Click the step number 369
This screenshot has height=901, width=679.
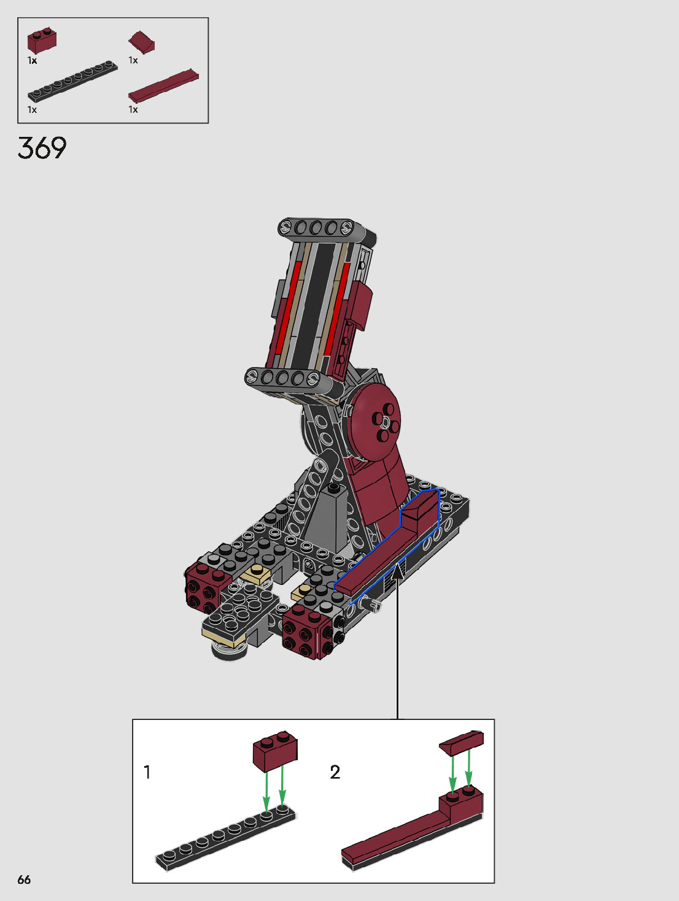tap(42, 148)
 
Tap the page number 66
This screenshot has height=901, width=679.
tap(24, 880)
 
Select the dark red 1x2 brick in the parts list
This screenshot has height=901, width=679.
tap(42, 41)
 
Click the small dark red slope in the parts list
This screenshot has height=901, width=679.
tap(142, 42)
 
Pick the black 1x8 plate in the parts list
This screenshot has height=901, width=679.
tap(72, 81)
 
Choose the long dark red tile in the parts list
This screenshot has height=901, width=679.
tap(163, 86)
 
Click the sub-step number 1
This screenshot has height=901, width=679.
tap(147, 772)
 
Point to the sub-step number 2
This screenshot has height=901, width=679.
tap(335, 772)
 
